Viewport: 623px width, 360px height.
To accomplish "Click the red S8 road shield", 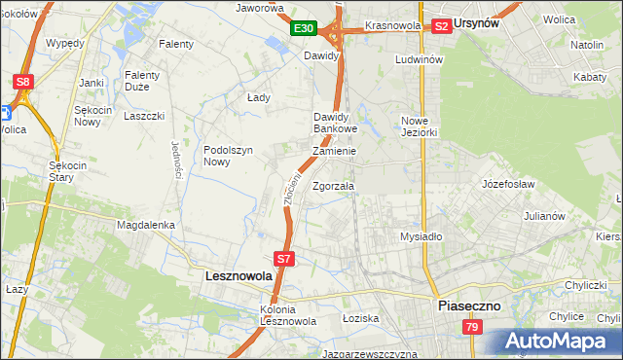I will (22, 82).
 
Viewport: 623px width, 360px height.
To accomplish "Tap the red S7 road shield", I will (283, 259).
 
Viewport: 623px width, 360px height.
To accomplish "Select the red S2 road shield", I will (441, 26).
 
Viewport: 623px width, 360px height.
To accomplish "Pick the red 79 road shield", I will (472, 328).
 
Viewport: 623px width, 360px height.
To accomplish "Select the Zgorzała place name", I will (334, 185).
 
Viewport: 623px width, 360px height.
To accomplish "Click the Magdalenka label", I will (145, 225).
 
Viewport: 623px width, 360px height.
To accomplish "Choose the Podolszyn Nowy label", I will (230, 156).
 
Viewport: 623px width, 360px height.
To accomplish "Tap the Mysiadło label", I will (421, 236).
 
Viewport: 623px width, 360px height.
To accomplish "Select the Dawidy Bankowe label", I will (336, 123).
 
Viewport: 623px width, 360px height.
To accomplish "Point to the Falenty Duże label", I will (149, 81).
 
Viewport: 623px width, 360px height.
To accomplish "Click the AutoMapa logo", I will (560, 342).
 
